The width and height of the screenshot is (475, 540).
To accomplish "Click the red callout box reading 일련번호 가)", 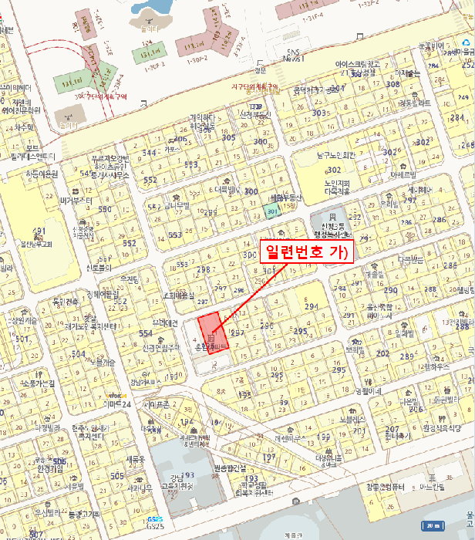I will point(305,251).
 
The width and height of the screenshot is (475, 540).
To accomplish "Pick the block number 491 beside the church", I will point(39,231).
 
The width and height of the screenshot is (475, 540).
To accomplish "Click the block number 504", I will point(79,354).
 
